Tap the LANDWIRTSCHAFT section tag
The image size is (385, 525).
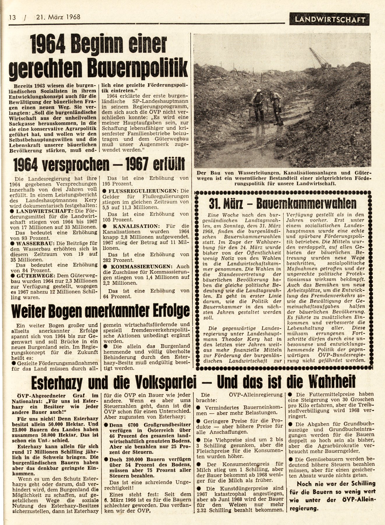[x=330, y=20]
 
